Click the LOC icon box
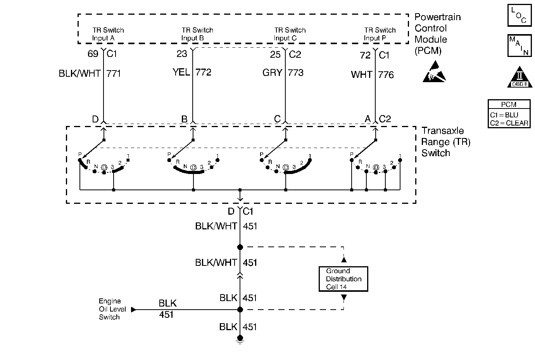point(519,16)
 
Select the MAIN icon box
point(519,45)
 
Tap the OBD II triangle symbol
point(519,78)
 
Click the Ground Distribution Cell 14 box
point(343,279)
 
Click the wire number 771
point(114,73)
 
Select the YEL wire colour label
point(181,72)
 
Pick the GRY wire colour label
point(272,72)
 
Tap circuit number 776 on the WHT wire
point(386,74)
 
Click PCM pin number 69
point(93,54)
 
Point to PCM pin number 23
point(182,54)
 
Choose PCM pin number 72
point(365,55)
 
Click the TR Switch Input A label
point(108,34)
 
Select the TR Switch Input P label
point(380,34)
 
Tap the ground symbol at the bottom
point(240,341)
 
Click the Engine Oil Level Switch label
point(110,309)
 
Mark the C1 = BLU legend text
point(504,115)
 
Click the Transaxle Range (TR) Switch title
point(446,142)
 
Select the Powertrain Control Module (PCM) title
point(437,34)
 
